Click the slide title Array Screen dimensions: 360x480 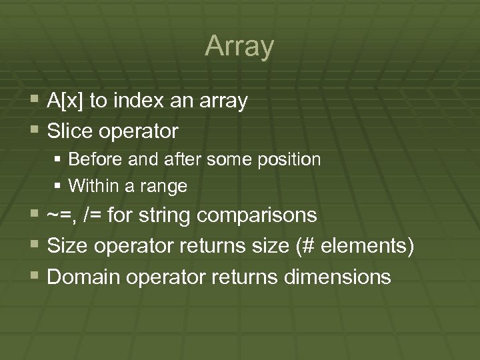click(239, 47)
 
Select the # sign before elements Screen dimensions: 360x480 click(309, 246)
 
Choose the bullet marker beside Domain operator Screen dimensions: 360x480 click(36, 275)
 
